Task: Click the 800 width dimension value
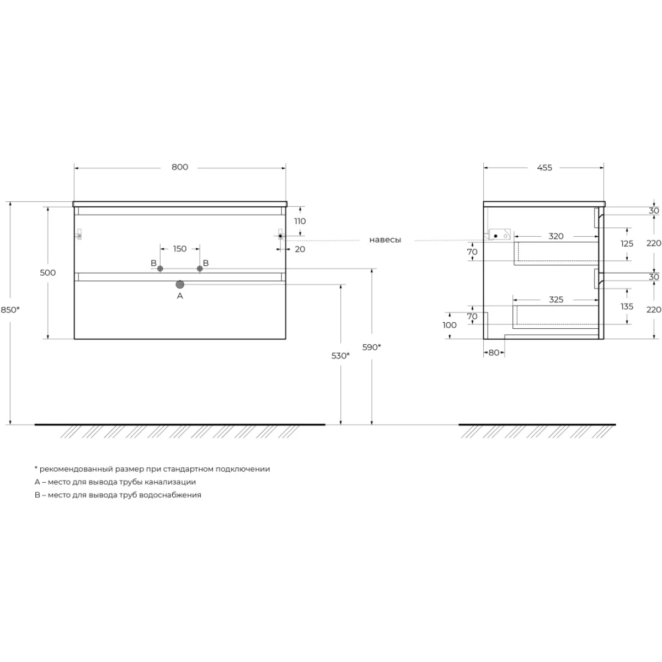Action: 180,167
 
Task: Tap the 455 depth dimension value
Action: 544,168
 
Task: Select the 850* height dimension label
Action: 10,309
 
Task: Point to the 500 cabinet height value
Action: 48,273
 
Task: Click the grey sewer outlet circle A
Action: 180,285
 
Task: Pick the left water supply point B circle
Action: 160,269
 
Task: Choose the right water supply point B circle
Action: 200,269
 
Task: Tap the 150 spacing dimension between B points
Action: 180,248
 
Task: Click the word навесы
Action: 385,240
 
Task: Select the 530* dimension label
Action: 340,356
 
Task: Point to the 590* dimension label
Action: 371,347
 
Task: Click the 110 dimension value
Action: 300,221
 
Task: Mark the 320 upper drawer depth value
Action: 556,236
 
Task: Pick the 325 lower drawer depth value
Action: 556,300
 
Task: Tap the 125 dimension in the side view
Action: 627,244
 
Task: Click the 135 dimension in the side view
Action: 627,306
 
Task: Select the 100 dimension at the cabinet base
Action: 450,325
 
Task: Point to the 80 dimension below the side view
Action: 494,353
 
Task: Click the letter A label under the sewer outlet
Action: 180,296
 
